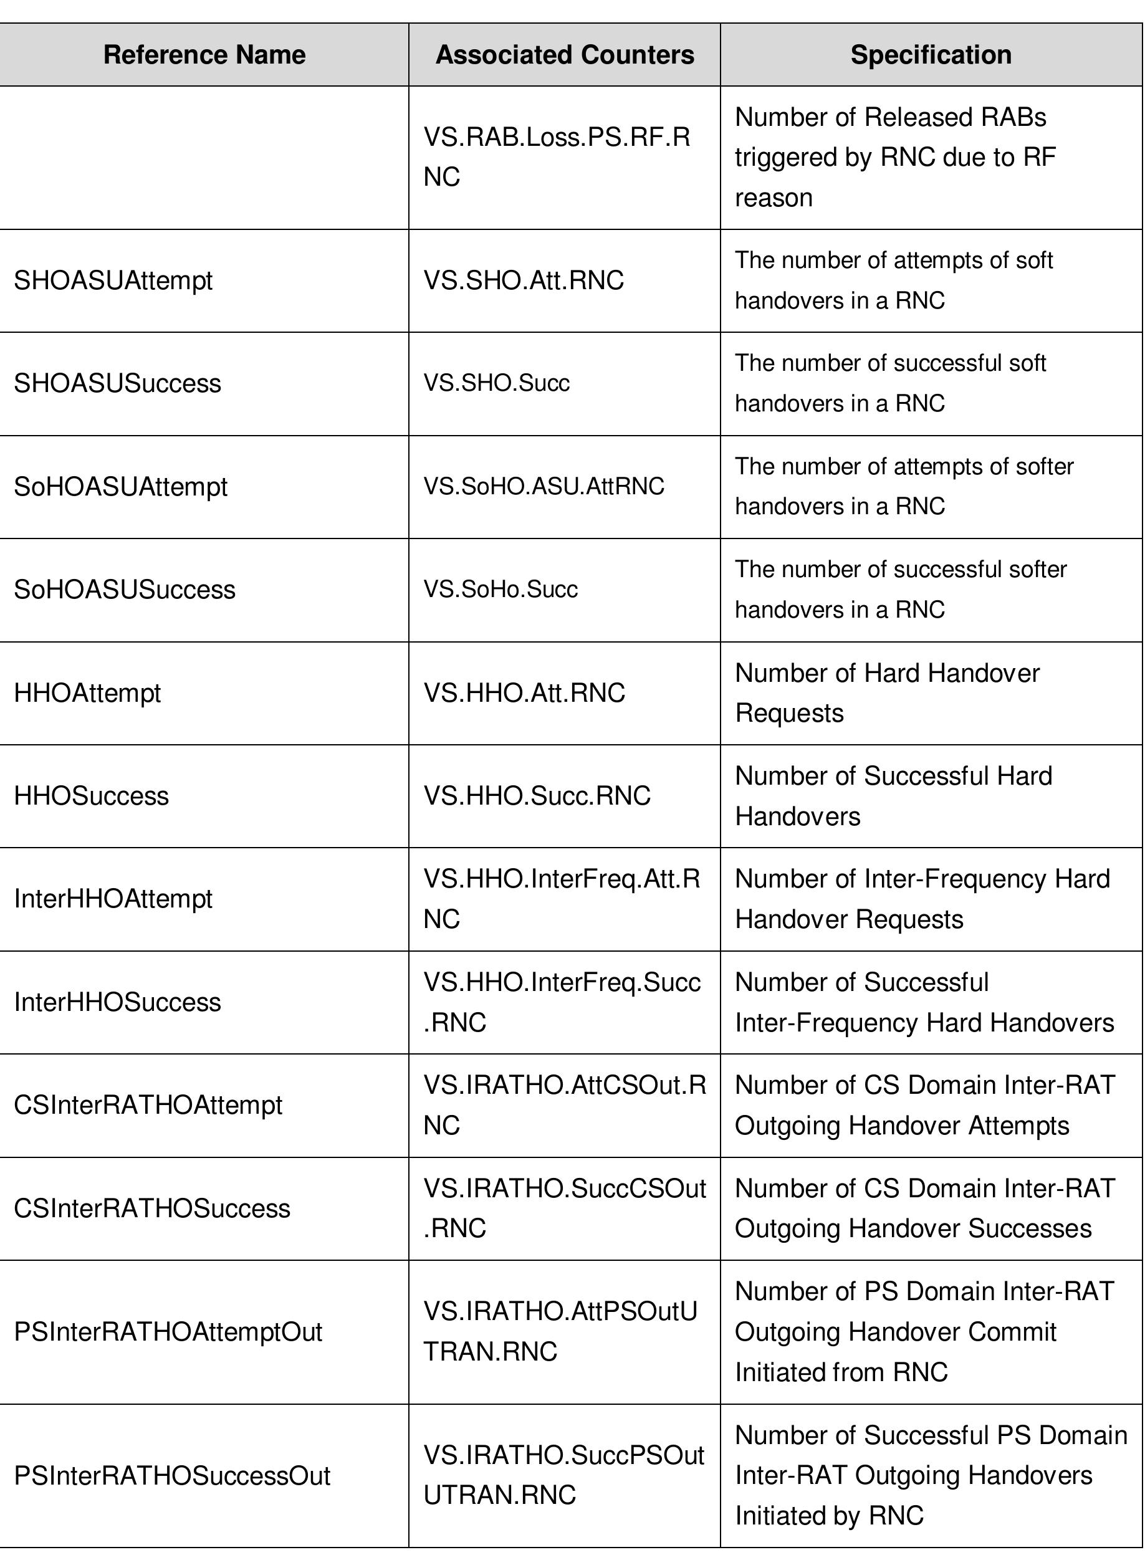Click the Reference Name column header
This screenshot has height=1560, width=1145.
204,55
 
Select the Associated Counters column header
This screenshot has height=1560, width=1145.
564,55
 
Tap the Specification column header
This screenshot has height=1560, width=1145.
930,55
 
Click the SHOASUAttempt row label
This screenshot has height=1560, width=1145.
113,280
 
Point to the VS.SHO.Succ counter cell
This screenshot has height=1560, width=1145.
496,383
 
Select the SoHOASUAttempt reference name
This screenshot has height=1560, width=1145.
120,487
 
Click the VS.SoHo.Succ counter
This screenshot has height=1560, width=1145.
501,590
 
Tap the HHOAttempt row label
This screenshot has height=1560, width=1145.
87,693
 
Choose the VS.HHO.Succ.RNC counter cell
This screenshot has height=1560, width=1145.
537,796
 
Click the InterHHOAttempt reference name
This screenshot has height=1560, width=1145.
113,899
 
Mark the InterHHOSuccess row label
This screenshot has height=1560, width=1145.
117,1002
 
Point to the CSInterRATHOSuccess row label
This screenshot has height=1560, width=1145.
152,1208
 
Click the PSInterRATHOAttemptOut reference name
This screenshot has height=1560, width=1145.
168,1332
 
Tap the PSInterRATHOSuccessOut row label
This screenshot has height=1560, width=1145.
172,1475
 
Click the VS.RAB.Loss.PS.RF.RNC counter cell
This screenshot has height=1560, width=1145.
557,157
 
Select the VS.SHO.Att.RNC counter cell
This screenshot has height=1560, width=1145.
524,280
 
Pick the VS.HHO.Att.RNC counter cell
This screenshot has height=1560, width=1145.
524,693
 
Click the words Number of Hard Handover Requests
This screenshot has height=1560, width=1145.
886,693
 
